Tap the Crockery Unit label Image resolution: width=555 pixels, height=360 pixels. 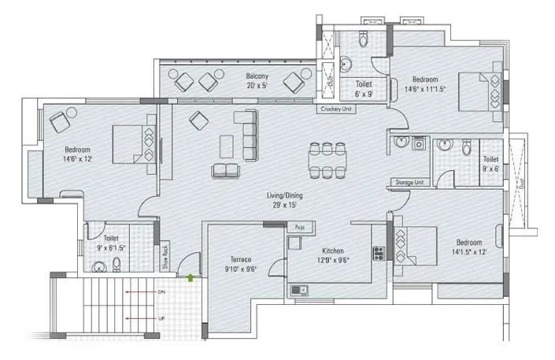click(x=335, y=109)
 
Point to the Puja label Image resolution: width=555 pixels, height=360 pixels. click(x=299, y=227)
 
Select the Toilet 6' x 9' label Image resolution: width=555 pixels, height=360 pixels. click(x=364, y=87)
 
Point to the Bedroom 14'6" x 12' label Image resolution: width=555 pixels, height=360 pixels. click(x=78, y=154)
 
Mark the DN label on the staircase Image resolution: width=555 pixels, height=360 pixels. click(x=161, y=291)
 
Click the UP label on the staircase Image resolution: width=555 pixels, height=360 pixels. click(x=161, y=319)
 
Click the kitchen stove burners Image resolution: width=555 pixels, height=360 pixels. click(x=377, y=254)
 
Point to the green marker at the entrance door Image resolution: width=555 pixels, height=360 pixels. click(x=191, y=276)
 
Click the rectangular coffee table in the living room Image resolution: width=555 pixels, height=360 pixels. click(x=227, y=146)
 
